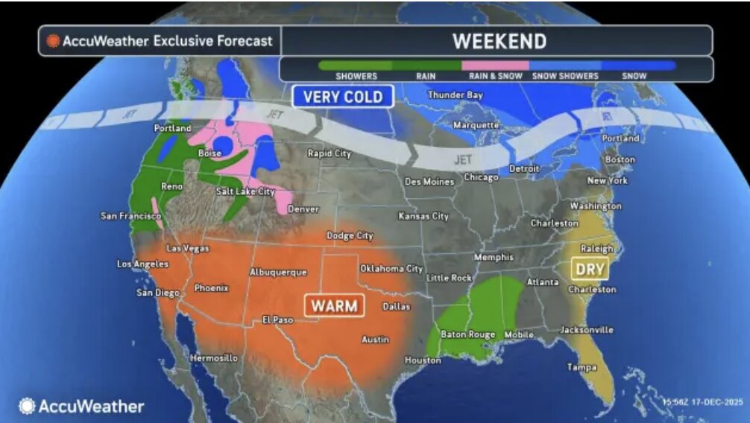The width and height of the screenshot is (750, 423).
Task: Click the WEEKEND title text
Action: coord(499,40)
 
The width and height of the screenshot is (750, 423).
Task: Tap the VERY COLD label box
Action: coord(343,96)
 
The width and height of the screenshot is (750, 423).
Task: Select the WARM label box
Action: coord(333,305)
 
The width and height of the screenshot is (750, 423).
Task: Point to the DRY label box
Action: coord(590,268)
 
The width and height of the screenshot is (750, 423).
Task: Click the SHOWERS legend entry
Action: coord(356,76)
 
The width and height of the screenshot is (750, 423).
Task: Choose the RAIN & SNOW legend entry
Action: coord(494,76)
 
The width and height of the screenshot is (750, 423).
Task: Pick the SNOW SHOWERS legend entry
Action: coord(565,76)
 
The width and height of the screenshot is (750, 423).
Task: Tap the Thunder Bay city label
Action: coord(455,95)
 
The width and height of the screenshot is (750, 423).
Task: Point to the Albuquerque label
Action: coord(278,272)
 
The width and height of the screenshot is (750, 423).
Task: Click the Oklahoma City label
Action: coord(391,268)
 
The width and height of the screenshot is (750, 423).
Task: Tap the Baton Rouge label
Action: coord(467,334)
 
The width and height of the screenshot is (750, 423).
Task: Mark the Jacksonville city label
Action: coord(587,329)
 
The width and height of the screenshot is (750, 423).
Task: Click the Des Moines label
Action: coord(429,182)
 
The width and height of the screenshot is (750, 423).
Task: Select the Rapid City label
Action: coord(329,153)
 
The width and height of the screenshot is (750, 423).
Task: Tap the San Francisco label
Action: coord(130,216)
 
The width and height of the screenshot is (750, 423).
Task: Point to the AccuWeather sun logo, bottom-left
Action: coord(27,406)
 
